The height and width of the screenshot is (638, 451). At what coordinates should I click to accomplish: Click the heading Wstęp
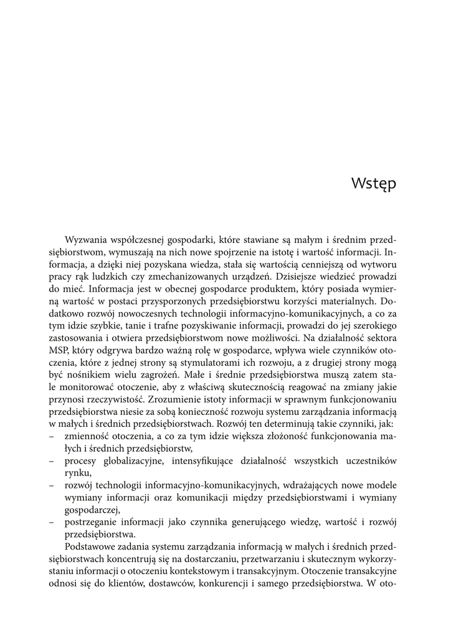[374, 184]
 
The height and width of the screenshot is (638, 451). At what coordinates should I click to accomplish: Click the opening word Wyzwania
[87, 240]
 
